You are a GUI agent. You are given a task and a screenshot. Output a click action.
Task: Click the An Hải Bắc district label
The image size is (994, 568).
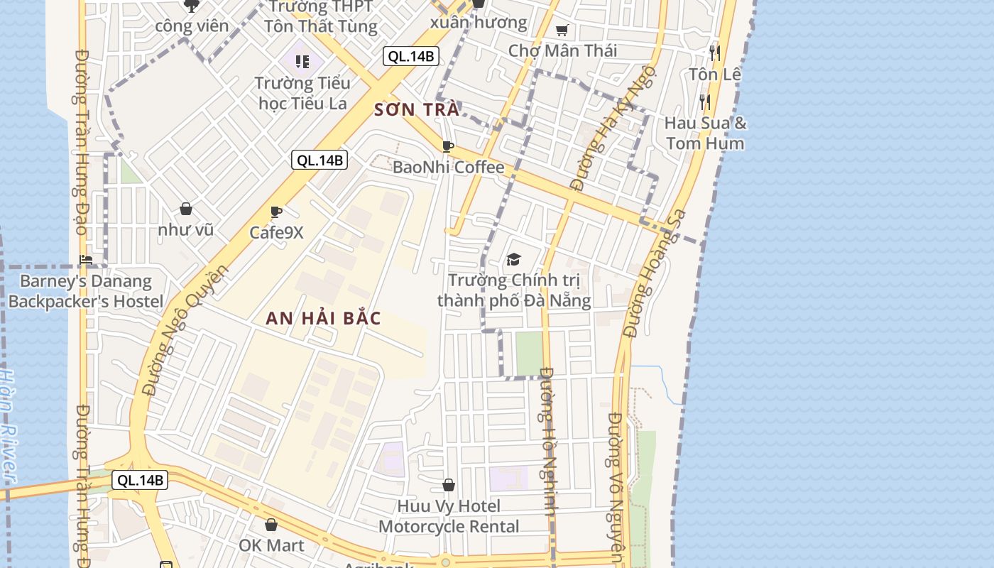323,319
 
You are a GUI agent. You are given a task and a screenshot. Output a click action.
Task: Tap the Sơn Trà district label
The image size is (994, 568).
417,110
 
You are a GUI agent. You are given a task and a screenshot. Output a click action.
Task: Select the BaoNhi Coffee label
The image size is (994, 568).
449,168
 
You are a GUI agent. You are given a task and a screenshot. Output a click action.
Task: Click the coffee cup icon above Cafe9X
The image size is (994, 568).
276,212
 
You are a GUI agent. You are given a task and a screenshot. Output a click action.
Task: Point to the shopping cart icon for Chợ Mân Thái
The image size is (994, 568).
562,30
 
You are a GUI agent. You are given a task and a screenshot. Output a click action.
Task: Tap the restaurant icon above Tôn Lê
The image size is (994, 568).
714,53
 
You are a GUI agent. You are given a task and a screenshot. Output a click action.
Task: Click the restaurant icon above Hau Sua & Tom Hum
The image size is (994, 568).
704,102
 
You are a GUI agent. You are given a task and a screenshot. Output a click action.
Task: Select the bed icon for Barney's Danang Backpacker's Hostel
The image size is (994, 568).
86,260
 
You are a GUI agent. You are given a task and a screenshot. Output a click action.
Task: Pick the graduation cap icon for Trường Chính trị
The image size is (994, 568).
513,259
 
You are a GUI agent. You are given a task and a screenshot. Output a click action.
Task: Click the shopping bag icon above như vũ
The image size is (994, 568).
186,209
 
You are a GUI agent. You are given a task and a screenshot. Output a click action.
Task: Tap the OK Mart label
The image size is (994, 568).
271,545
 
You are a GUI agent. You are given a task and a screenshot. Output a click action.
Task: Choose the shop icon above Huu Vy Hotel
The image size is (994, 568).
449,485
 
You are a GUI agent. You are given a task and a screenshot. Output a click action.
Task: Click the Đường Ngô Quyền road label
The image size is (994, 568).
184,330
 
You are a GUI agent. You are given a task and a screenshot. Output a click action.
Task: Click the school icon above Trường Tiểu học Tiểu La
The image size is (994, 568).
302,61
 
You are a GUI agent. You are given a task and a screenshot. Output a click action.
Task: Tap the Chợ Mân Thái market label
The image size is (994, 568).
562,50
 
